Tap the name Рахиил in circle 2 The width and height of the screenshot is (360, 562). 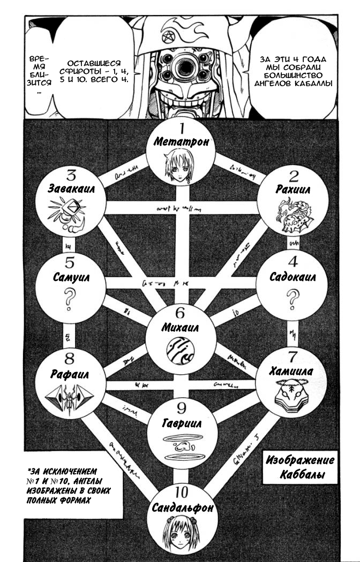coord(290,190)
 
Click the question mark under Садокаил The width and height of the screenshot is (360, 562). coord(292,299)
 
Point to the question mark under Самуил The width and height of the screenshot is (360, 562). coord(69,299)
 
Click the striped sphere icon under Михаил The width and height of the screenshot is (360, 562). coord(181,351)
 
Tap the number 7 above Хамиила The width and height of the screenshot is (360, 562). coord(292,357)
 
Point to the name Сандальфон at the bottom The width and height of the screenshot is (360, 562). coord(181,507)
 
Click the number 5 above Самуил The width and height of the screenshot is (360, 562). coord(69,263)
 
